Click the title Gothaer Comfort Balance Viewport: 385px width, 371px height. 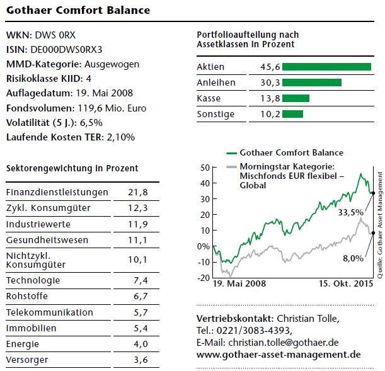[x=78, y=10]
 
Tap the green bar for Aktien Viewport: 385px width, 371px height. [x=326, y=67]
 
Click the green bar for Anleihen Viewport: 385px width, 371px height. [x=312, y=83]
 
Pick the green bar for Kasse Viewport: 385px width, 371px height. [x=296, y=98]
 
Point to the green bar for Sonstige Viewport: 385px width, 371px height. [x=292, y=114]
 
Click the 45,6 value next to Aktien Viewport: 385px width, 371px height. [x=269, y=67]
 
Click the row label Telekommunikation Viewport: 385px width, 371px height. [x=49, y=312]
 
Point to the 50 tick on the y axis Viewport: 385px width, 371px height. [x=204, y=168]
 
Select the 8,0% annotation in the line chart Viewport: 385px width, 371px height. [x=353, y=258]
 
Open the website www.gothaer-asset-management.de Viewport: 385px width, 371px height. [x=279, y=355]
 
